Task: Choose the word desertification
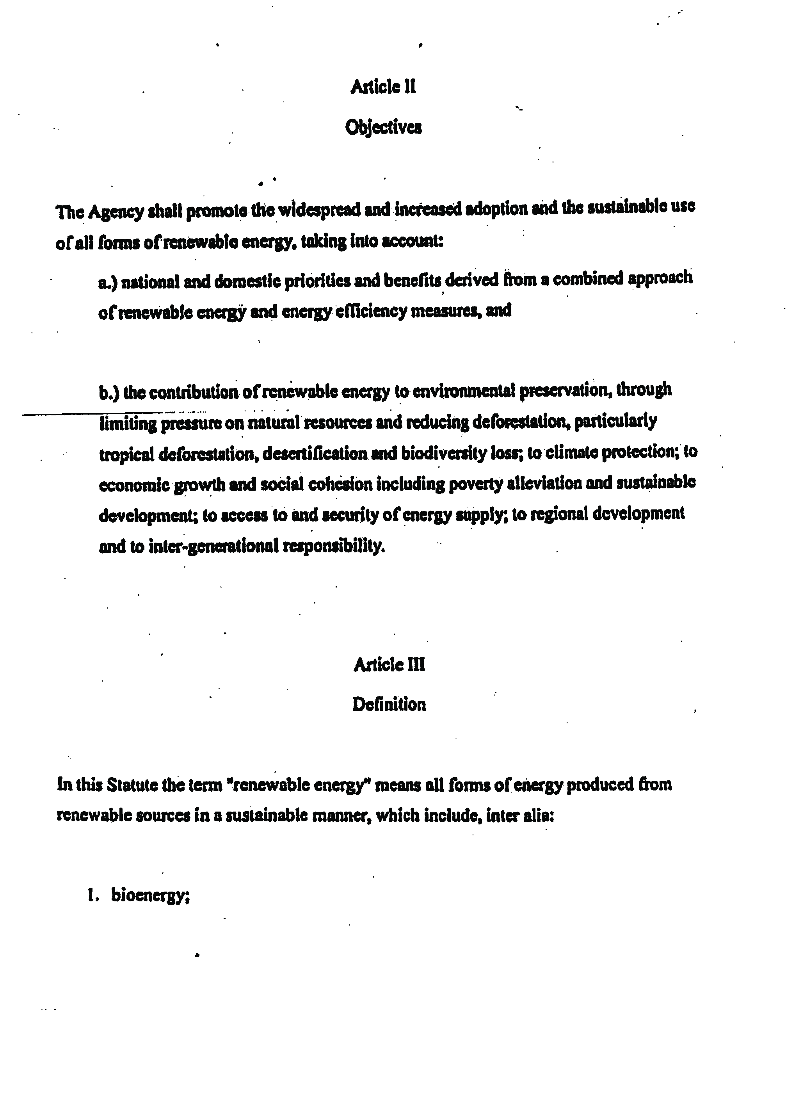315,454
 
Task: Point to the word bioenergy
149,895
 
